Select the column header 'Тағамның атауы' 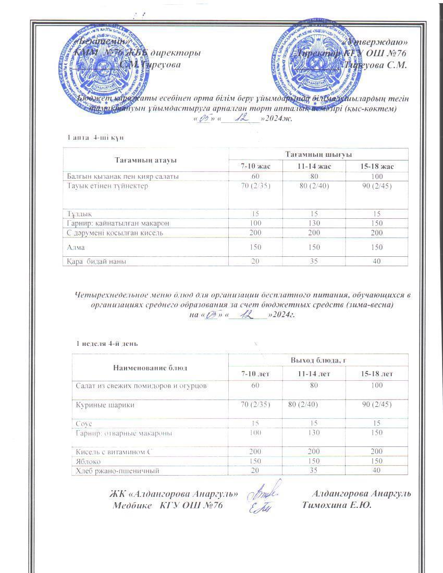145,160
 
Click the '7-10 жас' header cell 255,166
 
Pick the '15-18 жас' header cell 377,166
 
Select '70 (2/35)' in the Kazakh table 255,185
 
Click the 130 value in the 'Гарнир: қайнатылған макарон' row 314,223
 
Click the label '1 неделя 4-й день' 107,344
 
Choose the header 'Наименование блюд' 150,368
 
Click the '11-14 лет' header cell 314,374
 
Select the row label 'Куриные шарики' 99,404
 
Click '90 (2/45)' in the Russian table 377,404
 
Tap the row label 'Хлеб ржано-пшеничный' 115,470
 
